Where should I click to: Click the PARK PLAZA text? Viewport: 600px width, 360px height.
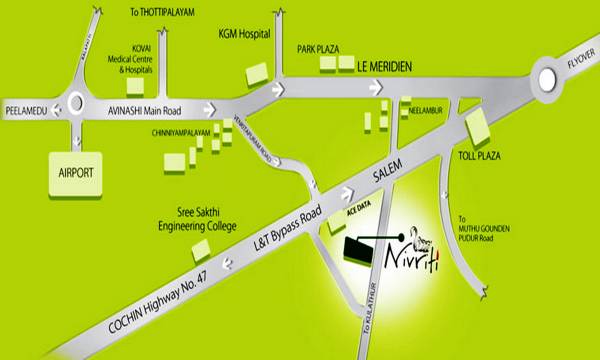(320, 48)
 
